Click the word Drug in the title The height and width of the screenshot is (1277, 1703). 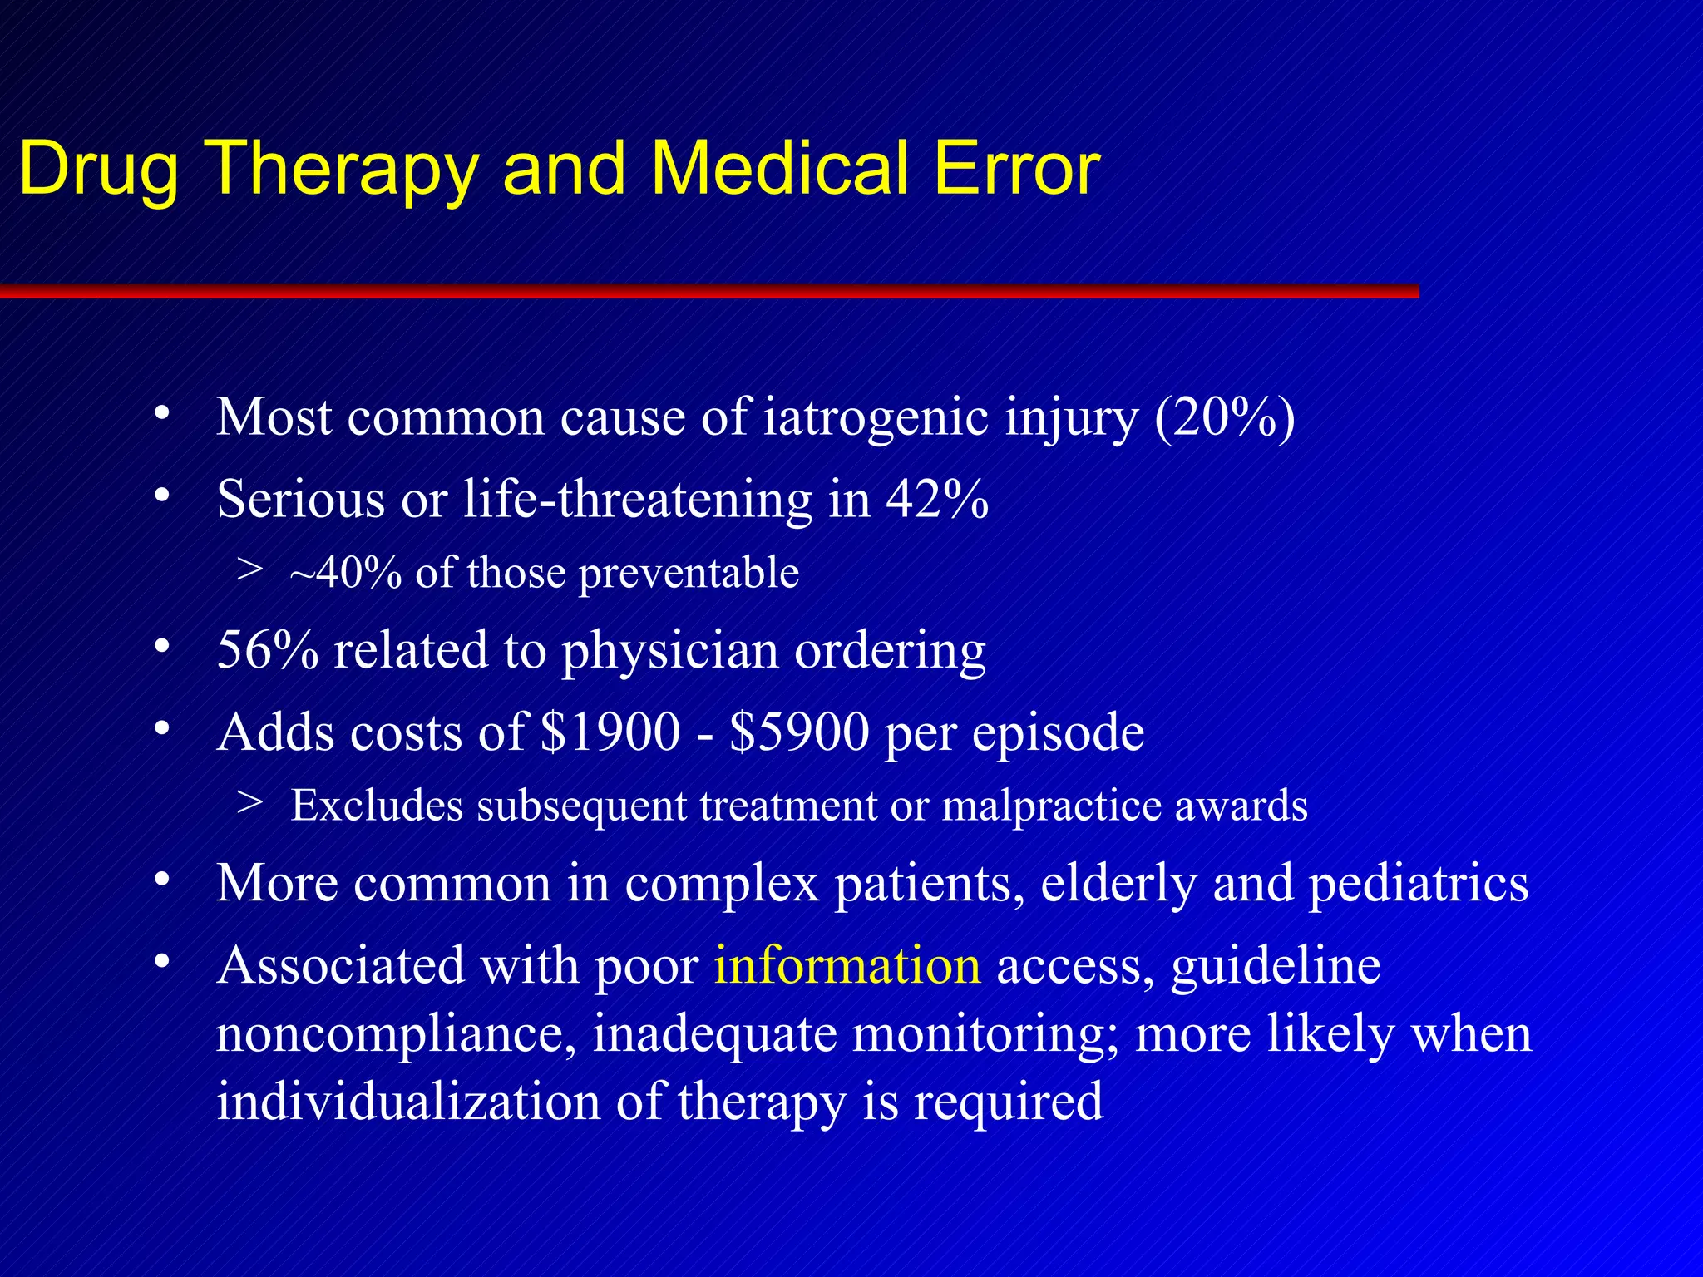coord(98,169)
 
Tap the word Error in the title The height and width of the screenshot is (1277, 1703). coord(1016,169)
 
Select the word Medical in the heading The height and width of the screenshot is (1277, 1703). coord(777,169)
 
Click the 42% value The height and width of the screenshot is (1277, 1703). coord(937,499)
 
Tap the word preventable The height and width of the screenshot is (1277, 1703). coord(689,573)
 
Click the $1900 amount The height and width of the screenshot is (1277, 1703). coord(610,732)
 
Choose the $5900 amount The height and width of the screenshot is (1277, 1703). coord(799,732)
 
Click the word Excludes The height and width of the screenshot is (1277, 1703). coord(377,806)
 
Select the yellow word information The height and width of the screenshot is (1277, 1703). coord(847,965)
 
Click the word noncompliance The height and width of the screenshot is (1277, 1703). coord(396,1033)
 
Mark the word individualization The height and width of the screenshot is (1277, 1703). coord(408,1101)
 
